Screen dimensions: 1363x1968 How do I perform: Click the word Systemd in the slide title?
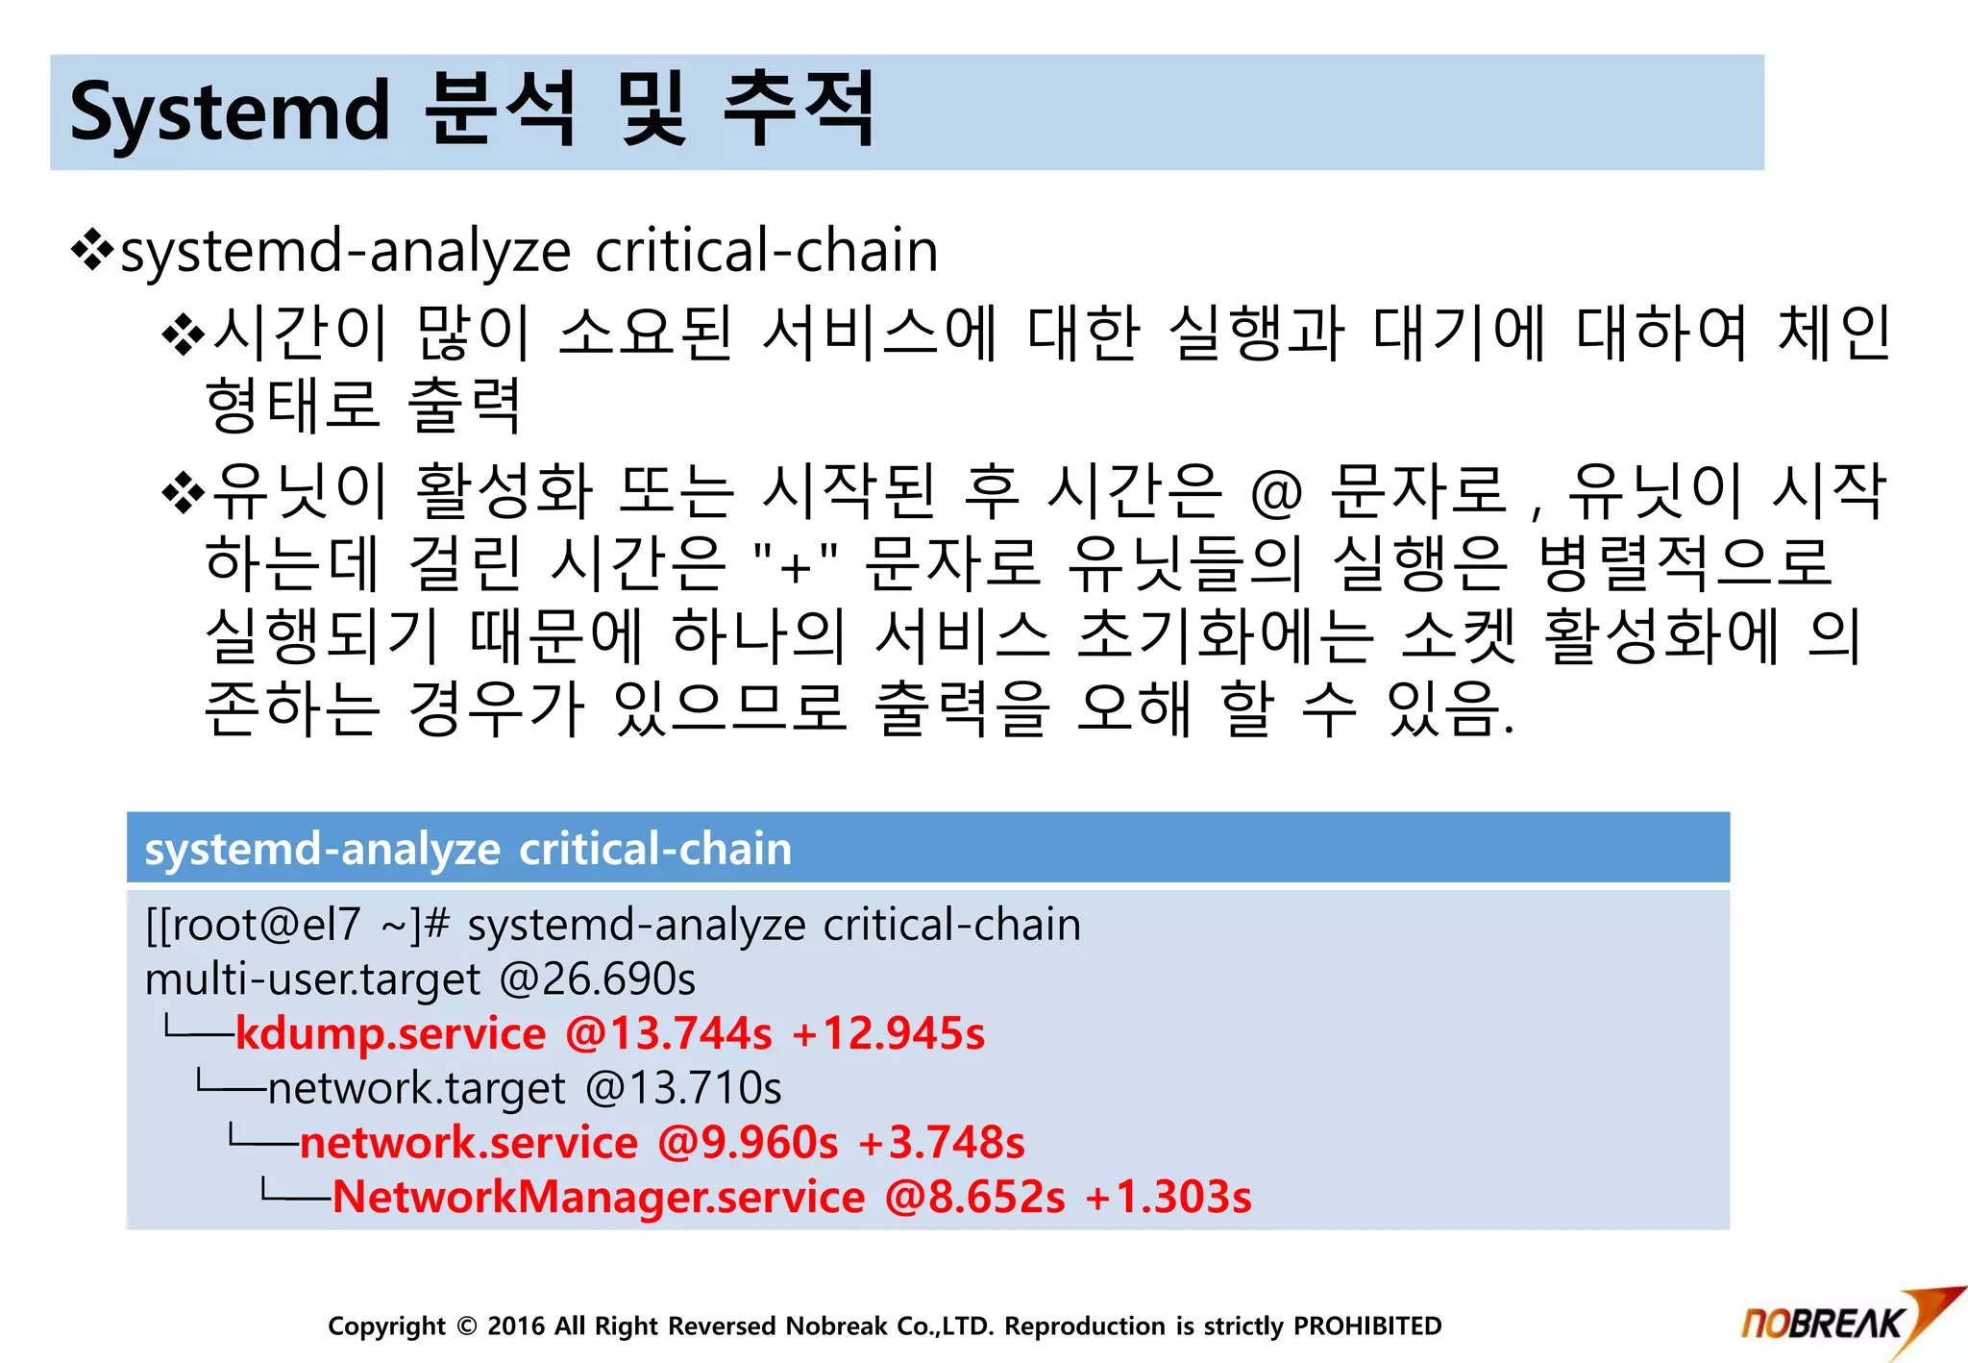pyautogui.click(x=230, y=112)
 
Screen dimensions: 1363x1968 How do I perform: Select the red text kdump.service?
pyautogui.click(x=390, y=1033)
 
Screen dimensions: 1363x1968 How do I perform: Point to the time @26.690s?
pyautogui.click(x=597, y=979)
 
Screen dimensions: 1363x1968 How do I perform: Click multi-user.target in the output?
pyautogui.click(x=312, y=979)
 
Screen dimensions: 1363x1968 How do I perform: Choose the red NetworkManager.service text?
pyautogui.click(x=599, y=1198)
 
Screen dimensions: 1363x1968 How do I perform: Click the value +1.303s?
pyautogui.click(x=1168, y=1198)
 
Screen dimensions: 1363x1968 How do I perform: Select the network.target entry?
pyautogui.click(x=416, y=1088)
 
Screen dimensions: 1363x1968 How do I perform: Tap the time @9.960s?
pyautogui.click(x=748, y=1143)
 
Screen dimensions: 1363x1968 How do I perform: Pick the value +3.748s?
pyautogui.click(x=942, y=1143)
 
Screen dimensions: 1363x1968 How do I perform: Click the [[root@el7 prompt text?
pyautogui.click(x=252, y=925)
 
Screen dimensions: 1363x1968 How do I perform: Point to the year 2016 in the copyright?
pyautogui.click(x=516, y=1326)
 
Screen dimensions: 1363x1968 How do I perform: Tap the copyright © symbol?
pyautogui.click(x=467, y=1326)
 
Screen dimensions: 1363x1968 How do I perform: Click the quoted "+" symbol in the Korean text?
pyautogui.click(x=797, y=565)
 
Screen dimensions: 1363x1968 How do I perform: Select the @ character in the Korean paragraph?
pyautogui.click(x=1276, y=494)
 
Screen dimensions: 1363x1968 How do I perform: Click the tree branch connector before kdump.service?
pyautogui.click(x=198, y=1031)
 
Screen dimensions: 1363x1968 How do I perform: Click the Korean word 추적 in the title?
pyautogui.click(x=799, y=111)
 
